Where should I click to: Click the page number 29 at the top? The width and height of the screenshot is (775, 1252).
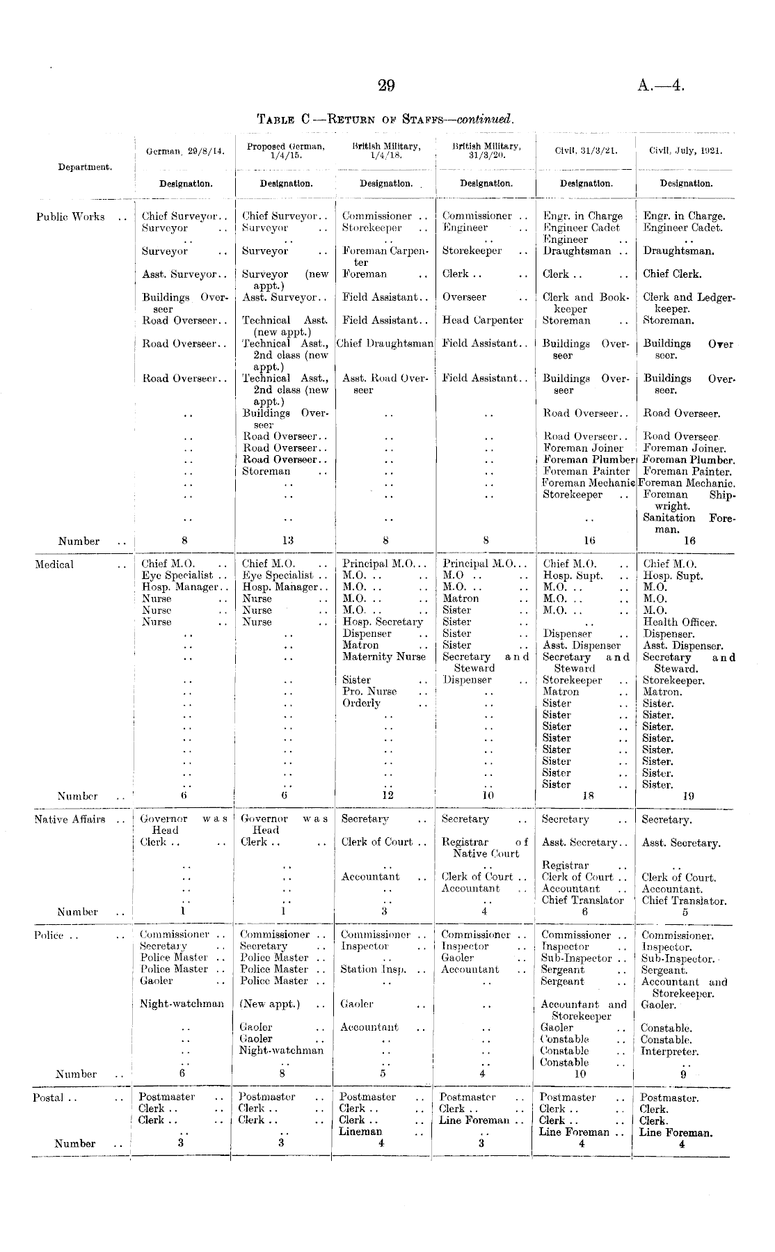(x=387, y=86)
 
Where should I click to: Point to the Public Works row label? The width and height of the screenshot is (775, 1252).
(x=70, y=216)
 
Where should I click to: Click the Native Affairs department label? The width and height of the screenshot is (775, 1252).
(x=70, y=819)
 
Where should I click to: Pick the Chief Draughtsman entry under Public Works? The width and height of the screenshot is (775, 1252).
(x=385, y=344)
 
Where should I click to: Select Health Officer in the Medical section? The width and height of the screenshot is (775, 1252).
(x=680, y=622)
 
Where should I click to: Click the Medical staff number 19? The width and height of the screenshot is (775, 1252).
(x=688, y=796)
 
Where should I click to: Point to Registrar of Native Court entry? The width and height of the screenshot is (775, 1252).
(x=485, y=848)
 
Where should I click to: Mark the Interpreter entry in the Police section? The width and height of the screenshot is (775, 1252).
(x=669, y=1052)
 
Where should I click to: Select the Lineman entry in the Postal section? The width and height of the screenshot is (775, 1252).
(x=360, y=1132)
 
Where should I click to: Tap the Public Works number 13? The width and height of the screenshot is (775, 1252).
(x=287, y=541)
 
